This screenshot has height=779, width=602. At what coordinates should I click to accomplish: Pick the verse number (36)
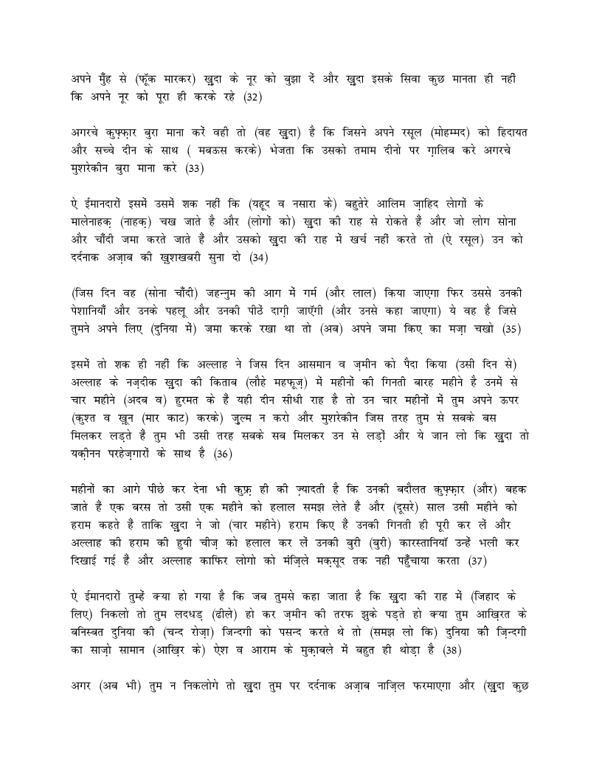tap(222, 455)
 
